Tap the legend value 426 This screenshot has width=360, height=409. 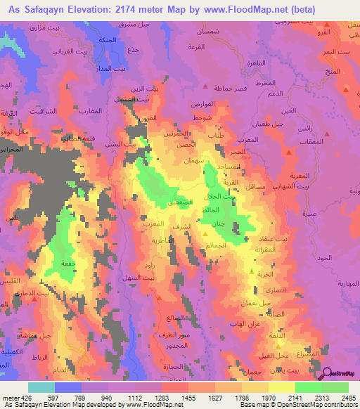tap(22, 397)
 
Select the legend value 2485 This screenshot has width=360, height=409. tap(348, 397)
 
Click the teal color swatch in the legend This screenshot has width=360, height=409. tap(41, 387)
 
